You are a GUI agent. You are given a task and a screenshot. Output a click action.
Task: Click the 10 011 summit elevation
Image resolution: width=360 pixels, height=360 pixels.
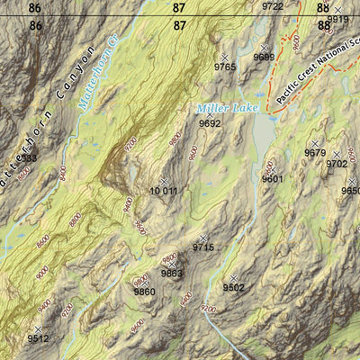point(163,191)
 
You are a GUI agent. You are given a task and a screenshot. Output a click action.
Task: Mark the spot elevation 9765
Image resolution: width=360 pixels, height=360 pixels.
point(225,67)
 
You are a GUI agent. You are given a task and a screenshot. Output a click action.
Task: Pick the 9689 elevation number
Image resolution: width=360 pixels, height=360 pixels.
point(264,57)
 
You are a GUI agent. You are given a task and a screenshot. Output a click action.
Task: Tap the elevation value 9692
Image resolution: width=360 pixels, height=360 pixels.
point(210,123)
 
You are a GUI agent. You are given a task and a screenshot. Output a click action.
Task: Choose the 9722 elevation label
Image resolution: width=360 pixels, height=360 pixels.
point(272,6)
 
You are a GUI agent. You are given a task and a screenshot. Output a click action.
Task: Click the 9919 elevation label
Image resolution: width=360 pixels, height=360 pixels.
point(337,19)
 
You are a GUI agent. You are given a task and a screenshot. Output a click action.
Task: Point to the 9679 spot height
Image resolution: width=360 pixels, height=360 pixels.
point(315,153)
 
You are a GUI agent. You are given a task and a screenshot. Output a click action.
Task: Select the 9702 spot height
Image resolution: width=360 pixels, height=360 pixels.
point(337,164)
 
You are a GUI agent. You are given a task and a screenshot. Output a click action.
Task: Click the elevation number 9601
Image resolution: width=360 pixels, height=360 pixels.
point(273,179)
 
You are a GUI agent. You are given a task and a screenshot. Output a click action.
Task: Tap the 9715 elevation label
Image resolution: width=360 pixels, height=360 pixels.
point(203,247)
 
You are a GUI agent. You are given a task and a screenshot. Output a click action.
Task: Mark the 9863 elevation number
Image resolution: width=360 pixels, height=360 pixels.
point(172,274)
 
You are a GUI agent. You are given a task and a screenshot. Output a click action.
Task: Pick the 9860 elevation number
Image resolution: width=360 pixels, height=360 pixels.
point(144,292)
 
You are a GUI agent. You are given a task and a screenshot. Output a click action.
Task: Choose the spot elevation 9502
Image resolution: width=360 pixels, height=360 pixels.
point(233,288)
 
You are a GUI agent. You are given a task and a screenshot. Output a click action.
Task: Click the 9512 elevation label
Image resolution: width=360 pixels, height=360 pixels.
point(38,339)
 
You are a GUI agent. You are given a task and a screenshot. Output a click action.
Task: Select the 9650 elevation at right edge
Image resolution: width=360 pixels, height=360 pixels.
point(350,191)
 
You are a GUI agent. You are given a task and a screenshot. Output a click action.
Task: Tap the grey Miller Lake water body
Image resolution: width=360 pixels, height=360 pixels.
point(264,135)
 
